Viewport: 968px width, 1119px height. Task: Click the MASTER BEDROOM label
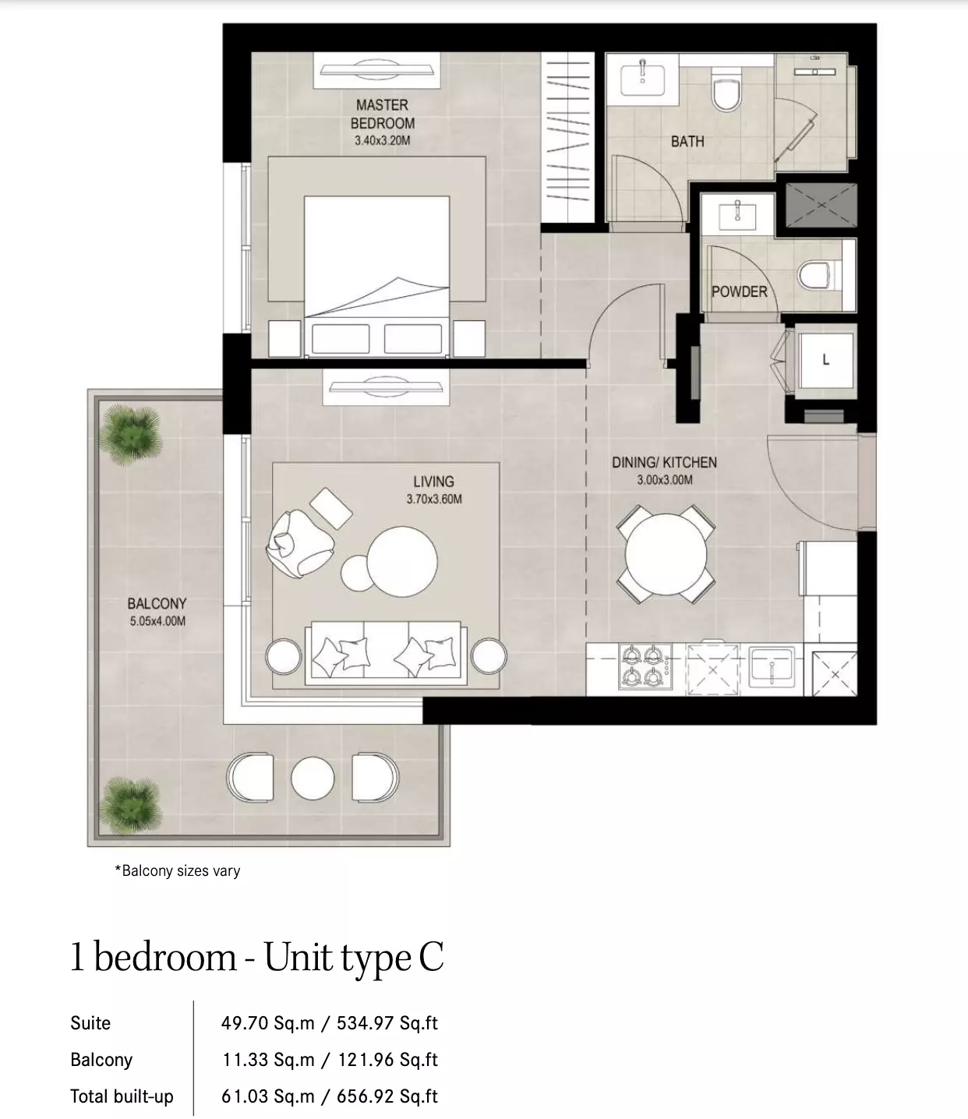[382, 114]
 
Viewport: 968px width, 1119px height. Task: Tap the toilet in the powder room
[819, 275]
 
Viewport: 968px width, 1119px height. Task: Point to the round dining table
[666, 554]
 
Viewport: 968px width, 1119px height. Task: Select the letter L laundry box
[825, 359]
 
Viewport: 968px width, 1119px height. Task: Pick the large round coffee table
[401, 561]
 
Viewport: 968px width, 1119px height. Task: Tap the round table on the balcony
[313, 778]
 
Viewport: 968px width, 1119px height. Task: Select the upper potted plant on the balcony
[130, 434]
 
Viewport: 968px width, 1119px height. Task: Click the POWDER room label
[739, 291]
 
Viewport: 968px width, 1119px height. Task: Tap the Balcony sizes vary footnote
[177, 870]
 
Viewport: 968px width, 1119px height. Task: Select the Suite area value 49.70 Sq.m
[267, 1022]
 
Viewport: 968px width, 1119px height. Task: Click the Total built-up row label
[122, 1096]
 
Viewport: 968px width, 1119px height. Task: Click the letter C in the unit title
[431, 957]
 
